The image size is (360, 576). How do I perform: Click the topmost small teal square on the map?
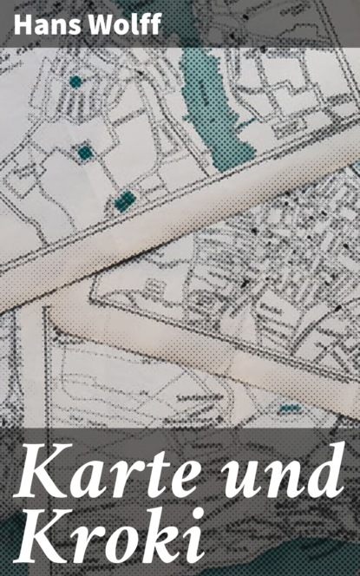coord(76,82)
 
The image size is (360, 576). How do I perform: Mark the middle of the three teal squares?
coord(85,153)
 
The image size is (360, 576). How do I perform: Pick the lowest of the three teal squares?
coord(125,201)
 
